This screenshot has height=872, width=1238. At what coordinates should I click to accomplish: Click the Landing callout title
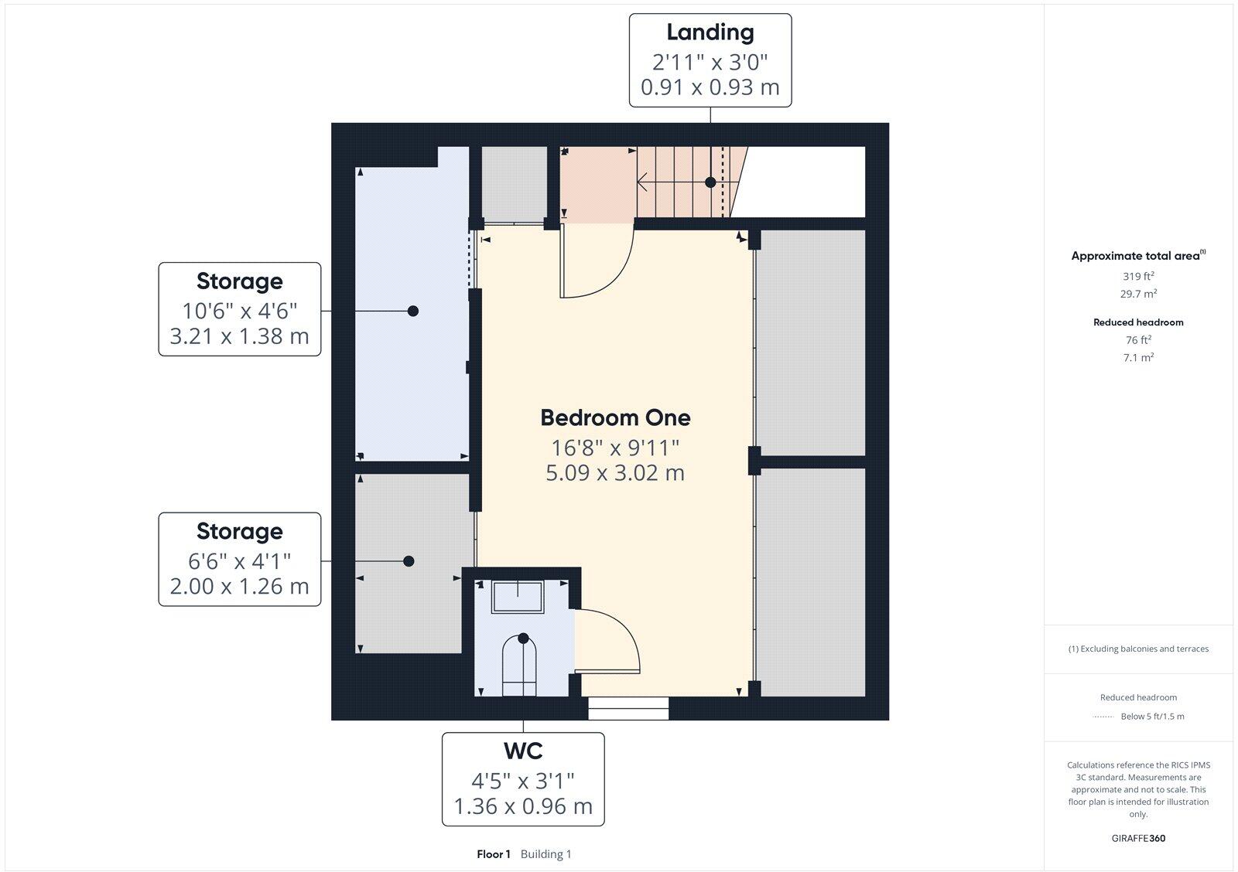[x=710, y=32]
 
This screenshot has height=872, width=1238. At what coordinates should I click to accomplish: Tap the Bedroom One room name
[x=615, y=417]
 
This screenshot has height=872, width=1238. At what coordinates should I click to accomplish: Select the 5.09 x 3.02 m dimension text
[x=615, y=472]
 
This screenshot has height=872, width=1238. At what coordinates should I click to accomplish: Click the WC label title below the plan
[x=523, y=751]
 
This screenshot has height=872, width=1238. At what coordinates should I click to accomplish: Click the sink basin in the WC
[x=518, y=597]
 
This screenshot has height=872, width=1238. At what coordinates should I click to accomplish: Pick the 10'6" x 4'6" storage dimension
[x=239, y=311]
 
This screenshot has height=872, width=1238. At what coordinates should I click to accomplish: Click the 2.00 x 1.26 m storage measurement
[x=239, y=587]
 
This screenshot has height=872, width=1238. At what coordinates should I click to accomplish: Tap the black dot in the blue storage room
[x=413, y=311]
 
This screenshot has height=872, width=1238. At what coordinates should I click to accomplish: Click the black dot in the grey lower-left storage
[x=409, y=561]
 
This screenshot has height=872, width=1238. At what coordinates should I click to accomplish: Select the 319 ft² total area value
[x=1138, y=276]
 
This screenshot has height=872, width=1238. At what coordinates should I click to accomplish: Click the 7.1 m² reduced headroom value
[x=1138, y=357]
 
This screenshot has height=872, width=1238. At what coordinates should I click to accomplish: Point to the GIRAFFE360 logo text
[x=1138, y=838]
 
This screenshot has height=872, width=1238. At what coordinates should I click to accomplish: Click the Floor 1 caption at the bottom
[x=494, y=854]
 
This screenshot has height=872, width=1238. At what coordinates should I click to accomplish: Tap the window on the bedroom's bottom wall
[x=628, y=708]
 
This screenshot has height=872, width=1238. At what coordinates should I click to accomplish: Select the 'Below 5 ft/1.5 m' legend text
[x=1152, y=717]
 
